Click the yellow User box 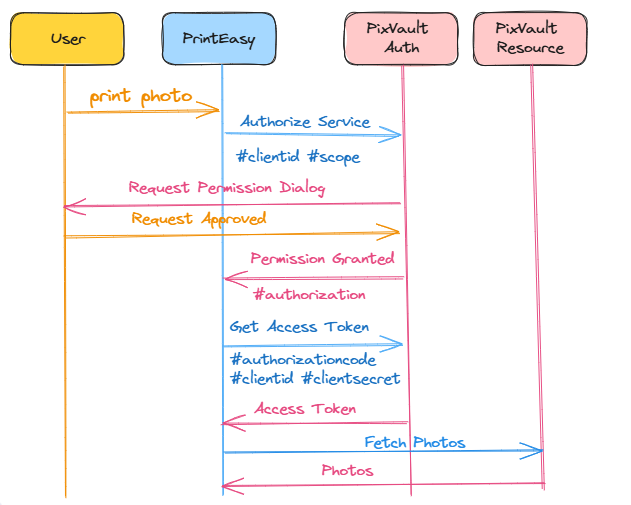pos(67,40)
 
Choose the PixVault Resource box pos(530,40)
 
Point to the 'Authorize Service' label pos(305,122)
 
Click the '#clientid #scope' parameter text pos(298,157)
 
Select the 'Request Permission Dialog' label pos(227,187)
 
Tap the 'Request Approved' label pos(199,218)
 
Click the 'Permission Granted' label pos(322,258)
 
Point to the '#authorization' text pos(309,294)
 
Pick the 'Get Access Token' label pos(299,327)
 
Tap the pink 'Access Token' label pos(305,409)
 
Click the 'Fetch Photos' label pos(414,442)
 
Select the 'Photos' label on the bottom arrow pos(347,470)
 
